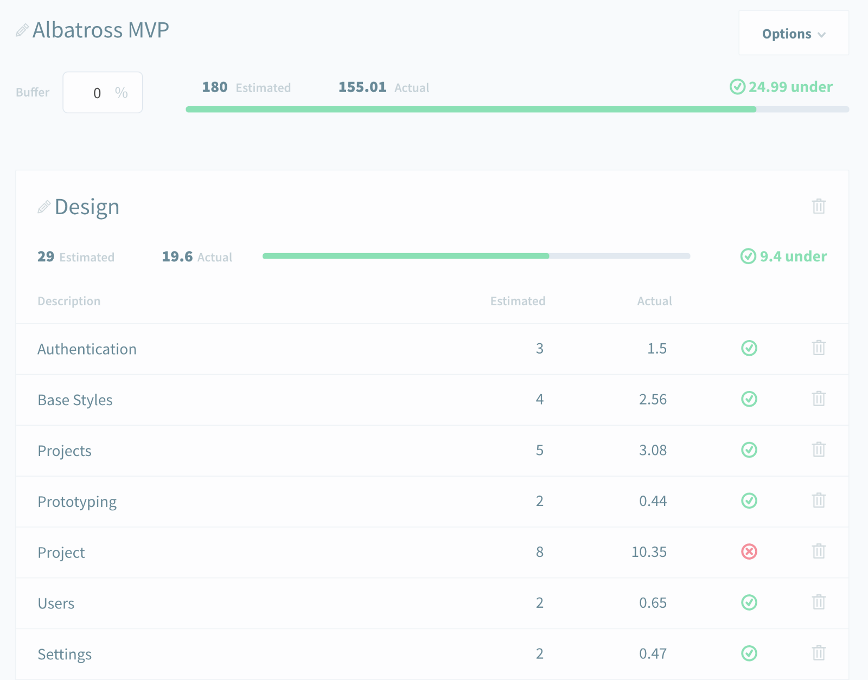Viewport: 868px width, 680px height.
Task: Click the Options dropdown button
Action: [x=793, y=34]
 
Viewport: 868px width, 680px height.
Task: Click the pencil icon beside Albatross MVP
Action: [x=22, y=30]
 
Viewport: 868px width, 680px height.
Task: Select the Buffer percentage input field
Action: [x=102, y=93]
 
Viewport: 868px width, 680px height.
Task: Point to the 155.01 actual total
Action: [x=362, y=87]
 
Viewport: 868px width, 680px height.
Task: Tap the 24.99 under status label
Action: [x=781, y=87]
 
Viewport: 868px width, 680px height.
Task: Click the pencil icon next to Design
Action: [x=44, y=207]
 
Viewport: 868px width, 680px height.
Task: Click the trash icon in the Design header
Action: [x=819, y=206]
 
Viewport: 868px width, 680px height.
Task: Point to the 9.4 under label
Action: [x=784, y=256]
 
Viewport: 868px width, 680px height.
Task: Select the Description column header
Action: [x=69, y=301]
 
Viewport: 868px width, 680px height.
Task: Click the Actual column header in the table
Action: [x=654, y=301]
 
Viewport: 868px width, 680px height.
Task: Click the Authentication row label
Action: [x=87, y=349]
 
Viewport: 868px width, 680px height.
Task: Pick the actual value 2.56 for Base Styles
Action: [x=653, y=400]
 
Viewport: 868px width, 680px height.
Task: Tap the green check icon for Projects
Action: [x=749, y=450]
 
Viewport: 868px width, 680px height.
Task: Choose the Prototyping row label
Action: [x=77, y=502]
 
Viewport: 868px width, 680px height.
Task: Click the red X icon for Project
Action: [x=749, y=552]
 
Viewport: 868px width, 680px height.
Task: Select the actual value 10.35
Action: [x=649, y=552]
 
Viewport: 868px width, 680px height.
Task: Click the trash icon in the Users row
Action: [x=819, y=602]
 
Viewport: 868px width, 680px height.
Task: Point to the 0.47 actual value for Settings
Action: [x=653, y=654]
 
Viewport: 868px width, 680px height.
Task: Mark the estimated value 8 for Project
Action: [x=540, y=552]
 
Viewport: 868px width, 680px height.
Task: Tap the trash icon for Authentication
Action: [x=819, y=348]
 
